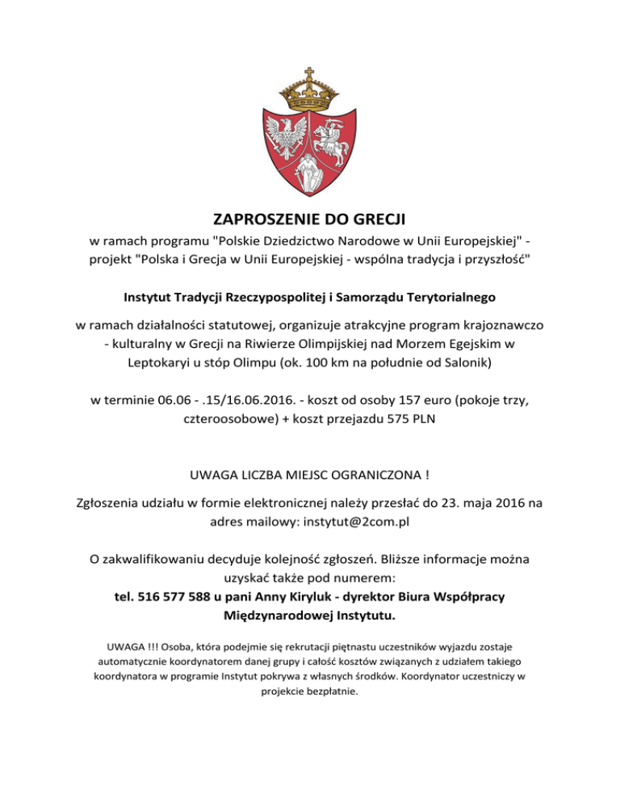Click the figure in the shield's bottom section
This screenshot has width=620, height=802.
pyautogui.click(x=309, y=170)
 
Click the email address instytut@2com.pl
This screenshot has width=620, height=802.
pyautogui.click(x=356, y=521)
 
